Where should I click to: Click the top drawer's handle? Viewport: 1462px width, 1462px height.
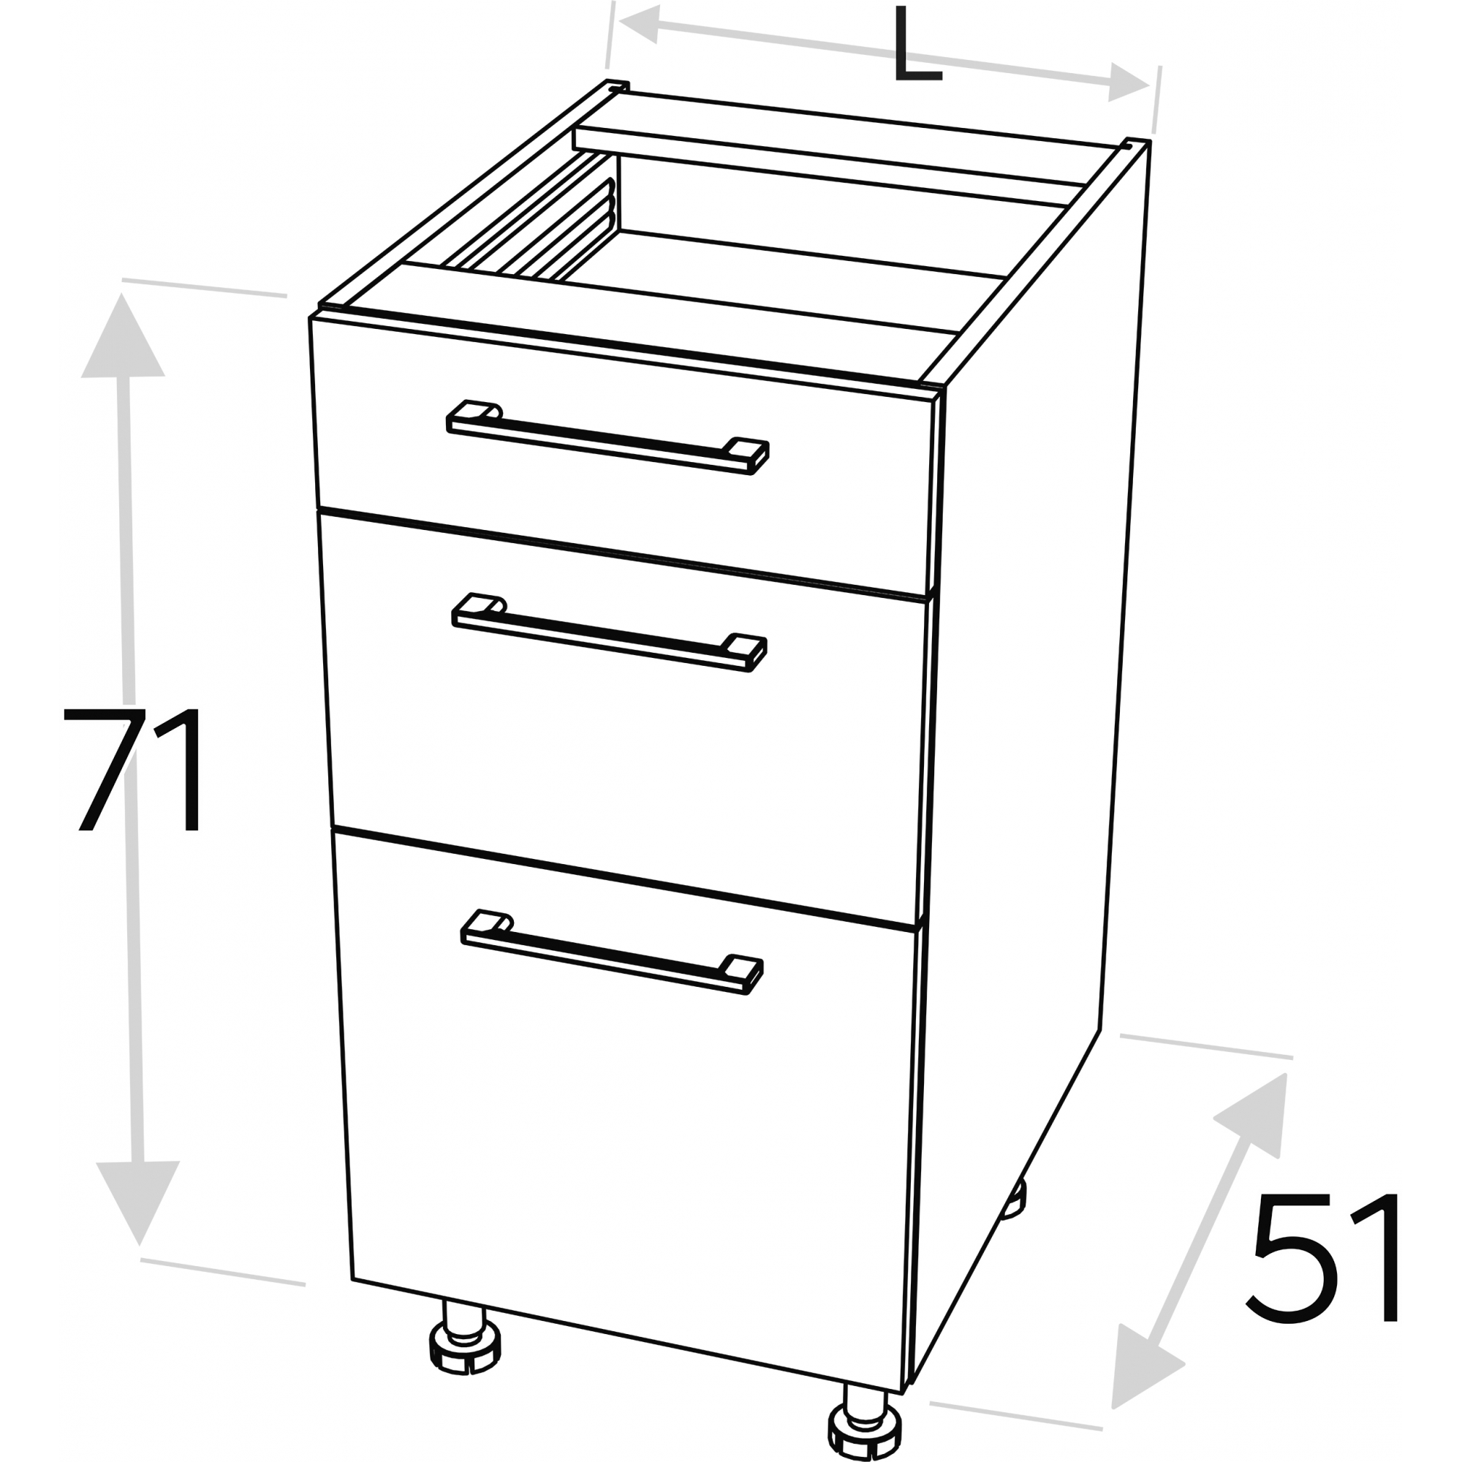click(x=607, y=437)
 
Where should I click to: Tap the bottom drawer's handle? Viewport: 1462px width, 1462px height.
click(x=611, y=952)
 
